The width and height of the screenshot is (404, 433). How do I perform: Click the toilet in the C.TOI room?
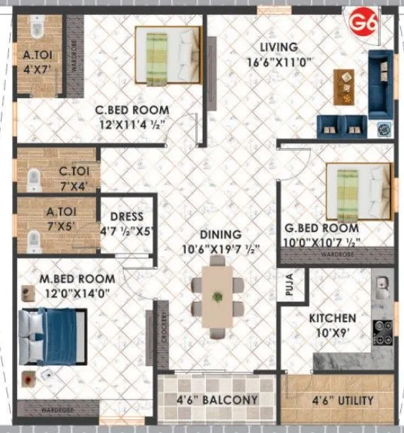pyautogui.click(x=33, y=179)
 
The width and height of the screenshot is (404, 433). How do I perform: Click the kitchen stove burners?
pyautogui.click(x=382, y=330)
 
